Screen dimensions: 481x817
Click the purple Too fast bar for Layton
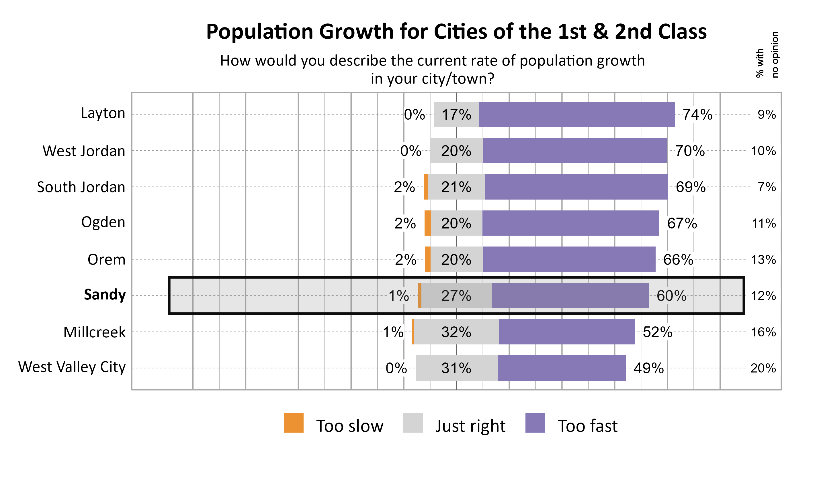tap(577, 115)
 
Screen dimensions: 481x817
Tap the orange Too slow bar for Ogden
tap(428, 223)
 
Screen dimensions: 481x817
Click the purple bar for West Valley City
tap(562, 368)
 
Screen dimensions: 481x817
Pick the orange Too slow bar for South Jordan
tap(426, 187)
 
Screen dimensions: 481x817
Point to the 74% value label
tap(697, 115)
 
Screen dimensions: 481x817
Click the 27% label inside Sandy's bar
tap(456, 295)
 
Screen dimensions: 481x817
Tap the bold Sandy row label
tap(104, 295)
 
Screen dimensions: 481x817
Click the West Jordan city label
tap(84, 151)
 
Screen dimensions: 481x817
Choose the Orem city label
tap(106, 260)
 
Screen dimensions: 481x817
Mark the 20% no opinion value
tap(763, 368)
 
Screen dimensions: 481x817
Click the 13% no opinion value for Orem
tap(763, 260)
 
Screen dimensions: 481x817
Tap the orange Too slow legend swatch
tap(293, 423)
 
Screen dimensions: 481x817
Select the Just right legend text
tap(470, 426)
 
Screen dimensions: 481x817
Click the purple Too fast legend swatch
tap(535, 423)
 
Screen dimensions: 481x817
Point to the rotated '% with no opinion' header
tap(767, 55)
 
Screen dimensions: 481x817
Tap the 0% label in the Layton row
tap(414, 115)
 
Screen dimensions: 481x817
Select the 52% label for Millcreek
tap(657, 332)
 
